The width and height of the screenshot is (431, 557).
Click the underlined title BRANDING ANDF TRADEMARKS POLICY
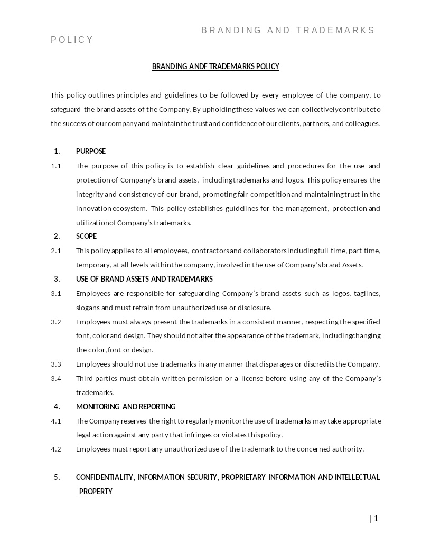tap(215, 66)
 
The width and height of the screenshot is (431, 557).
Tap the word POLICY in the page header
tap(72, 40)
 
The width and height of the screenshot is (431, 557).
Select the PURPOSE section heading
tap(91, 151)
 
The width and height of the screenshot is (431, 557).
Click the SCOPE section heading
tap(86, 236)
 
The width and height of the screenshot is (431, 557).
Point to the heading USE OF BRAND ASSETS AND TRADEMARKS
tap(144, 279)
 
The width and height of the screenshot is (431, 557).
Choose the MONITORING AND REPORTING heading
tap(126, 407)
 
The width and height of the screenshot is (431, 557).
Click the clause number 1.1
tap(56, 166)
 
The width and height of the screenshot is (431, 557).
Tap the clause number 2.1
tap(56, 251)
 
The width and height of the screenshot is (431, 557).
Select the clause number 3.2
tap(56, 322)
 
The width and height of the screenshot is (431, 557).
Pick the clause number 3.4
tap(56, 379)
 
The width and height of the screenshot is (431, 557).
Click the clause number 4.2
tap(56, 449)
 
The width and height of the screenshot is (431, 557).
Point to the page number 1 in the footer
tap(376, 518)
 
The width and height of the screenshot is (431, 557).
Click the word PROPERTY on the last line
tap(96, 492)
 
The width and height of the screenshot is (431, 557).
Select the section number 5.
tap(57, 477)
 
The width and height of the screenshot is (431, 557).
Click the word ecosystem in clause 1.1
tap(129, 209)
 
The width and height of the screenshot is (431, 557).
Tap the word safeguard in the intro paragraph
tap(65, 110)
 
